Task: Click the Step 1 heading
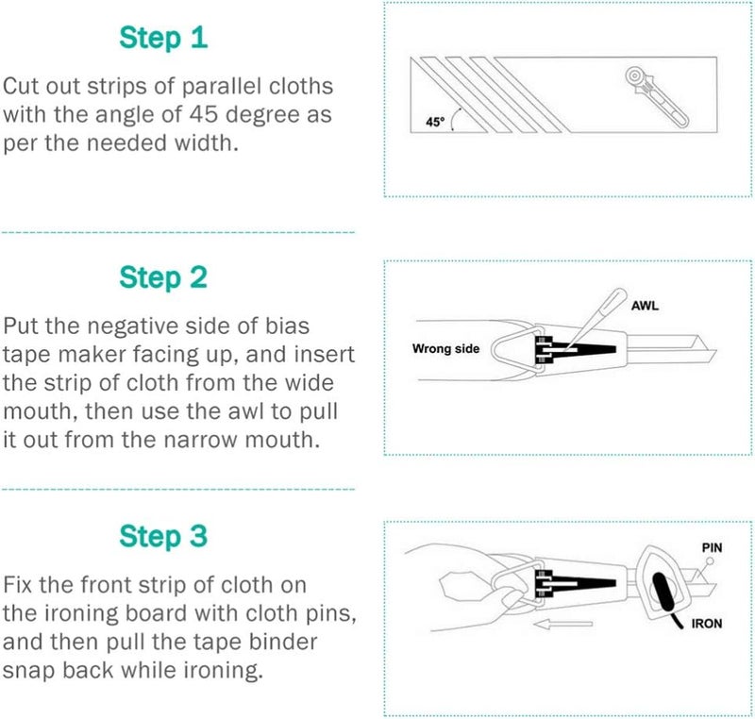[163, 38]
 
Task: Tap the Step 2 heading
[163, 277]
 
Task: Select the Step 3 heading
[163, 536]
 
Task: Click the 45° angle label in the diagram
[435, 122]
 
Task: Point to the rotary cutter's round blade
[635, 76]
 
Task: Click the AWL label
[645, 306]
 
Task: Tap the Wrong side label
[445, 348]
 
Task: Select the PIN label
[713, 547]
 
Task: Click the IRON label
[707, 624]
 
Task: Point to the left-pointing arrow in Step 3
[562, 625]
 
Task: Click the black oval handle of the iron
[664, 593]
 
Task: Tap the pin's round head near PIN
[710, 560]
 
